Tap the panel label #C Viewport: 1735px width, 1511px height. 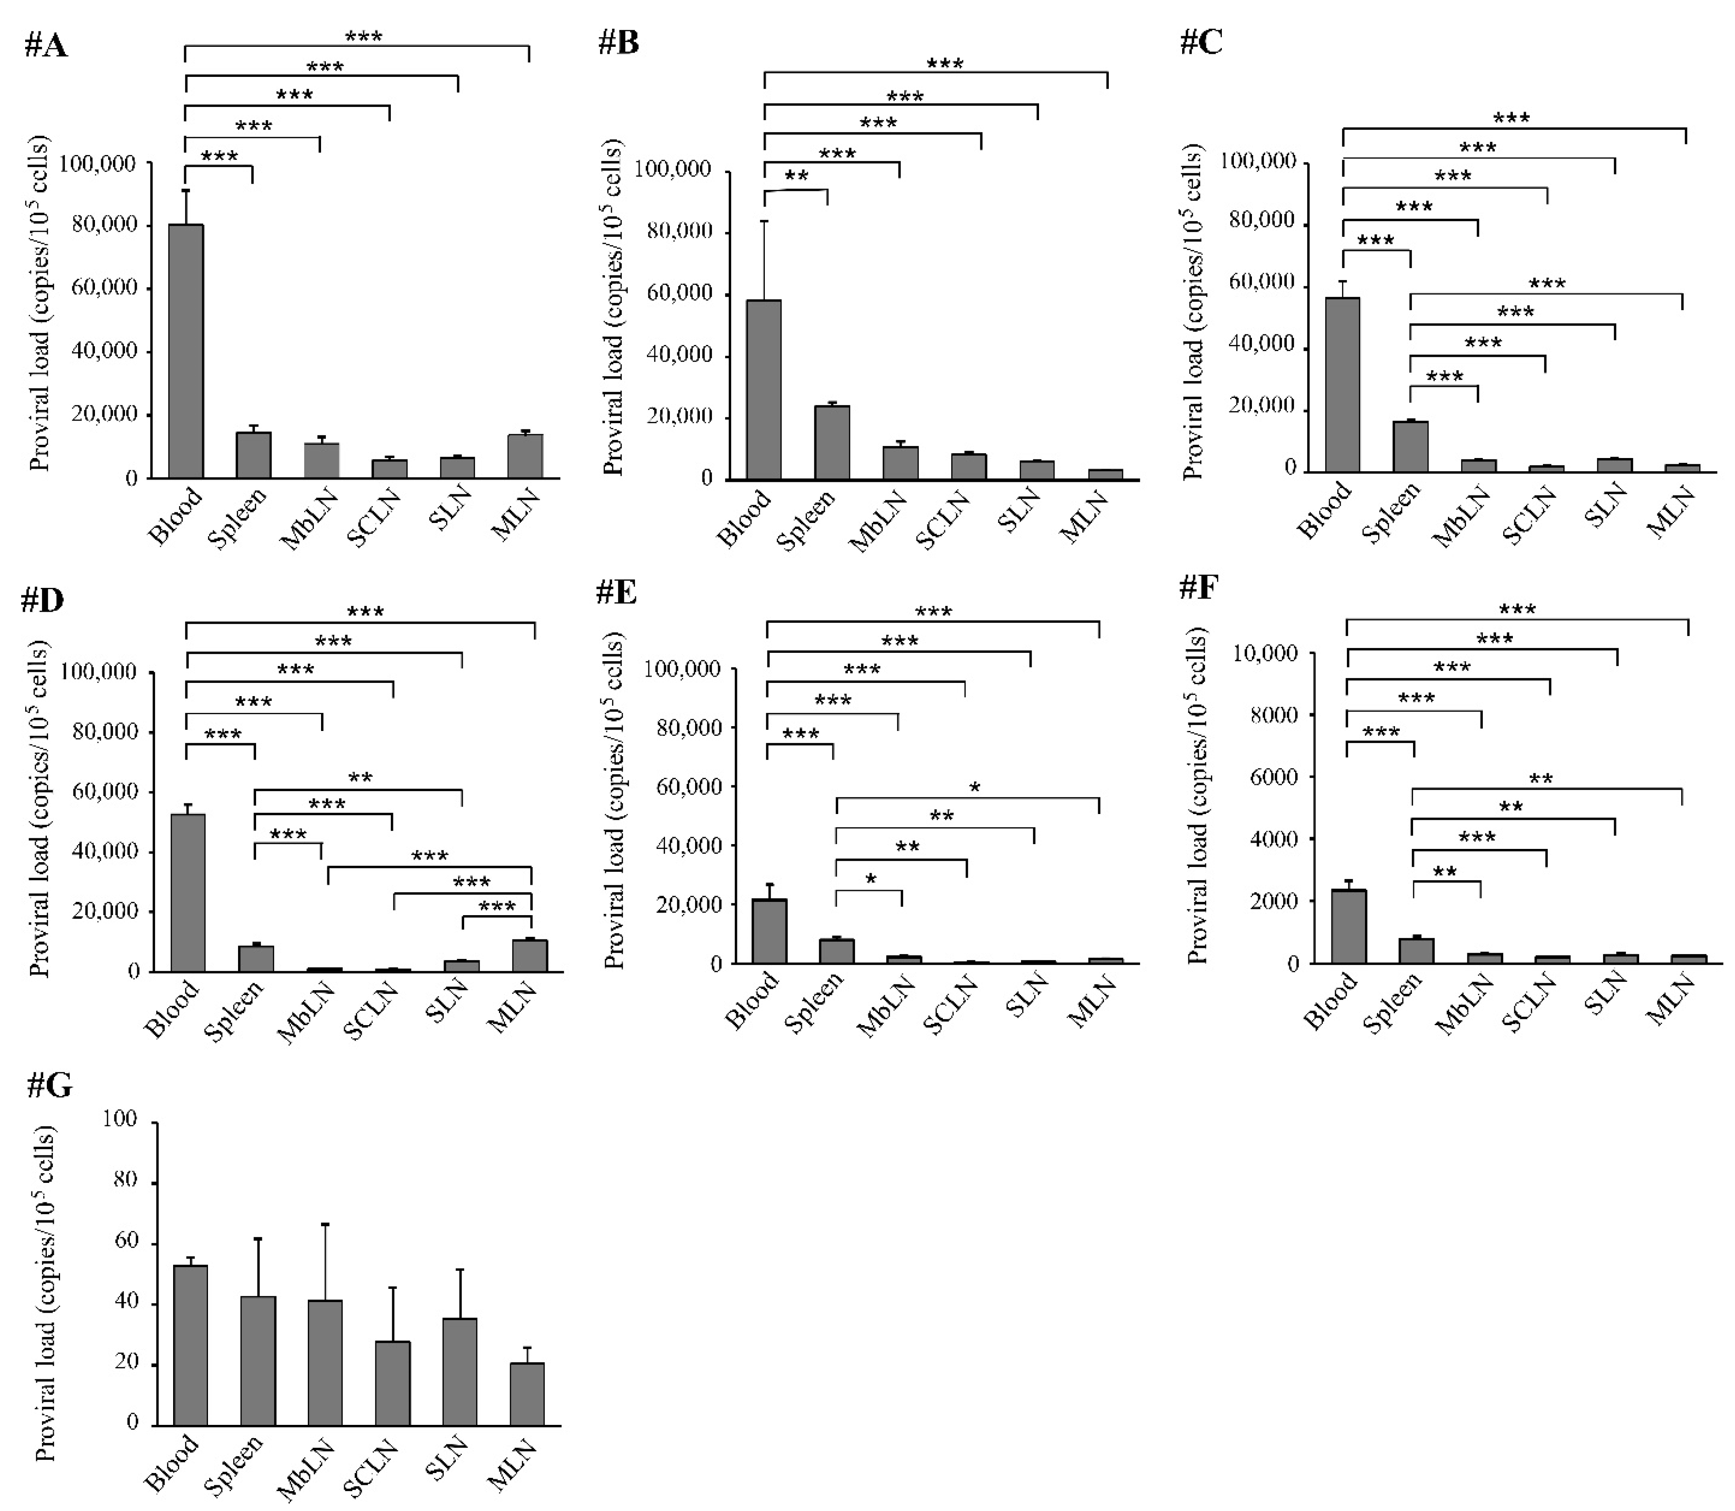pyautogui.click(x=1201, y=42)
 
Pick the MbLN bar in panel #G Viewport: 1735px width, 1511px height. pyautogui.click(x=325, y=1363)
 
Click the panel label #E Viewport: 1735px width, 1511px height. pyautogui.click(x=616, y=593)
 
